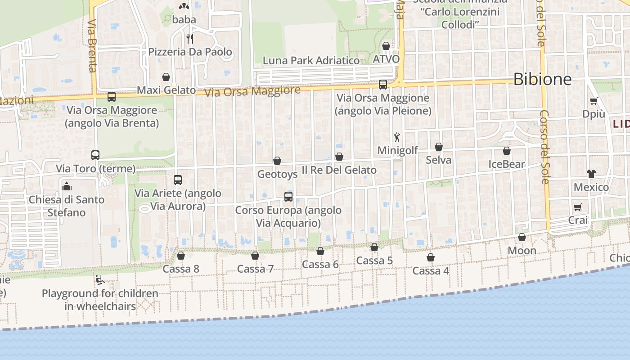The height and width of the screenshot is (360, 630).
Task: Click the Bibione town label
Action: point(542,79)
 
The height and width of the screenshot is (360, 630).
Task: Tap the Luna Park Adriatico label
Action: point(311,60)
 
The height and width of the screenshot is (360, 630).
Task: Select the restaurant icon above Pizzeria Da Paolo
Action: point(190,38)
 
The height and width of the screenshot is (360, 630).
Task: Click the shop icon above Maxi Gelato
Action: point(166,77)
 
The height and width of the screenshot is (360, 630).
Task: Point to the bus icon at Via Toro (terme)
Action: point(95,155)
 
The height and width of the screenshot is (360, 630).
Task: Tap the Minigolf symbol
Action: point(397,137)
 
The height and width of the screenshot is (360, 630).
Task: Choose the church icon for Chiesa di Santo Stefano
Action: point(67,186)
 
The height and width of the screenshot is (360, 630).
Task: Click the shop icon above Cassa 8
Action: point(181,256)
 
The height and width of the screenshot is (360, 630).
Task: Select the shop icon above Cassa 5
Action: point(374,247)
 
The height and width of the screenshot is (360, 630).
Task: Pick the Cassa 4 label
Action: point(431,271)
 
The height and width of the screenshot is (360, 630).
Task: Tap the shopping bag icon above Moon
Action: point(522,237)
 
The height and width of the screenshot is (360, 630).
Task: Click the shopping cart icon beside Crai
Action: point(578,207)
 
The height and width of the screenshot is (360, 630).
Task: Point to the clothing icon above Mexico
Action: point(591,174)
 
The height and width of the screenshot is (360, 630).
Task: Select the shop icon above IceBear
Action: point(507,151)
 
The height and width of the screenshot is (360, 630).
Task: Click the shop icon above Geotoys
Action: point(277,161)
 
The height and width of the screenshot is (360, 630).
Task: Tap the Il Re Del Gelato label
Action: point(339,170)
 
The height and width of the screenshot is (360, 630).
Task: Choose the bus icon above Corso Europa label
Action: point(288,197)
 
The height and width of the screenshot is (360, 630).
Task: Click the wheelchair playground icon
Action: point(100,280)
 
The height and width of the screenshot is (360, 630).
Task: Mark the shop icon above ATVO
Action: point(386,46)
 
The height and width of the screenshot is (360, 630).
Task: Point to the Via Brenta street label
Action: point(92,45)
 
